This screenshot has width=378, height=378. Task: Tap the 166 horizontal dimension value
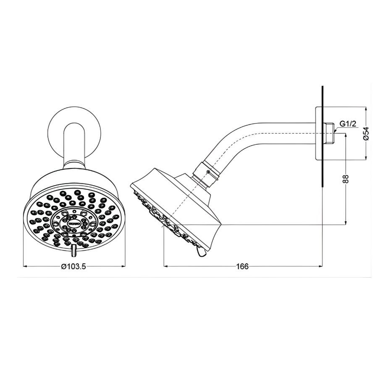point(243,266)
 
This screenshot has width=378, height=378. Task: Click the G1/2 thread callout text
point(348,124)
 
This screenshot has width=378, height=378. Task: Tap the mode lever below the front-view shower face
point(74,251)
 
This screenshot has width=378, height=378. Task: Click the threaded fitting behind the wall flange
point(331,133)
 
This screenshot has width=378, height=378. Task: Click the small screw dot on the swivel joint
point(208,172)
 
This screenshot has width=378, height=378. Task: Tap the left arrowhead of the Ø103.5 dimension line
point(24,266)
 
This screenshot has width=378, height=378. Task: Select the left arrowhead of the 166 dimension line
point(165,266)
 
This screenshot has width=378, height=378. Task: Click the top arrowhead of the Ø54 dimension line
point(366,108)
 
